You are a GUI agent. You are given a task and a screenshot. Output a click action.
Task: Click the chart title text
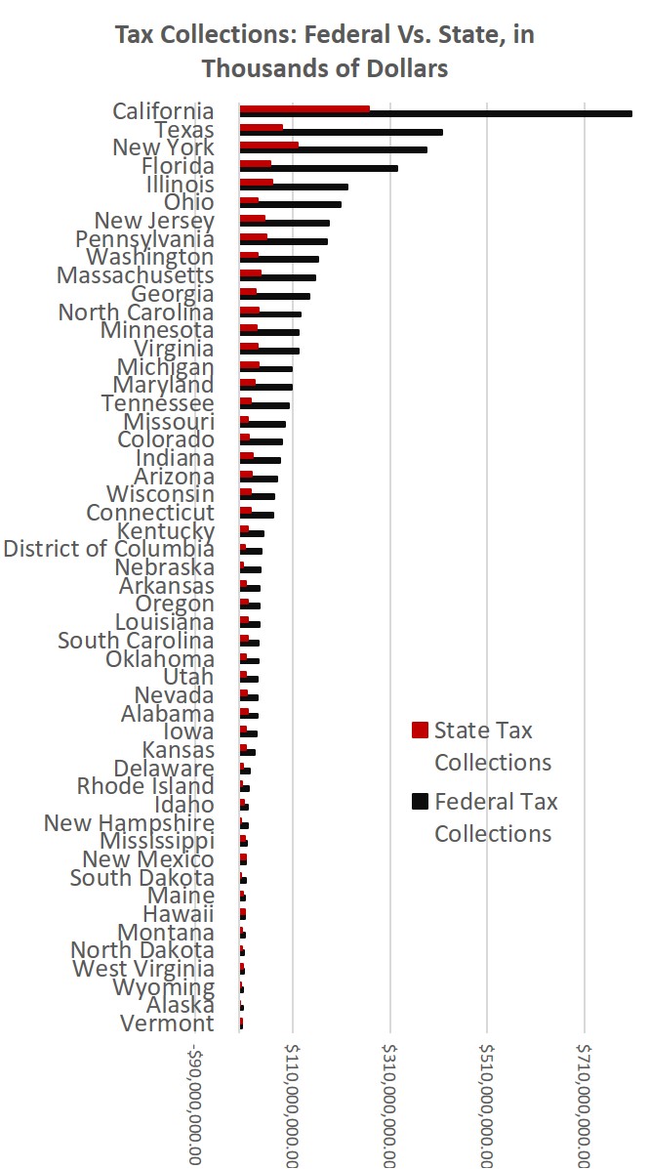coord(324,52)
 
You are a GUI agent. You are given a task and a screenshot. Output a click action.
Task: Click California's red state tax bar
coord(304,108)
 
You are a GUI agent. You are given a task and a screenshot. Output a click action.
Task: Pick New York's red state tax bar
coord(269,145)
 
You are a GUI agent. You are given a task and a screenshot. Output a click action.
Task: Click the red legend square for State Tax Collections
coord(421,731)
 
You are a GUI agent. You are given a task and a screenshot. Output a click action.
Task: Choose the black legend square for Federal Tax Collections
coord(421,802)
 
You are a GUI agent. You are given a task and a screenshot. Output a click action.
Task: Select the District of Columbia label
coord(108,549)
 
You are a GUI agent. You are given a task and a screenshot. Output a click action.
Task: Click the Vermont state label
coord(167,1023)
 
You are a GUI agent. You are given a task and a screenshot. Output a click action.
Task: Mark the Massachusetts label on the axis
coord(135,276)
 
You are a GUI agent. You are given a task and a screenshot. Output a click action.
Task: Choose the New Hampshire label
coord(129,823)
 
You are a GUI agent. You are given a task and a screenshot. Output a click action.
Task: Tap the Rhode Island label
coord(145,786)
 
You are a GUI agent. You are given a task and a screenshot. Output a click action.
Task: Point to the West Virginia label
coord(143,969)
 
